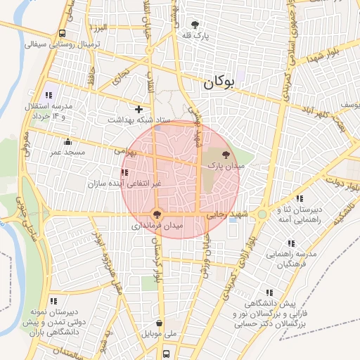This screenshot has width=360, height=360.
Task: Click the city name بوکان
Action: click(x=218, y=83)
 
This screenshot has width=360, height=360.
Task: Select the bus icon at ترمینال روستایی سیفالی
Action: click(x=63, y=33)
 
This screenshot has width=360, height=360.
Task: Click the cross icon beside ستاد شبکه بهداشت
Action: click(x=139, y=109)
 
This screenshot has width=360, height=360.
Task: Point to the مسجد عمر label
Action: click(x=66, y=152)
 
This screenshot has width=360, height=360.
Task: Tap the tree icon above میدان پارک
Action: click(x=226, y=154)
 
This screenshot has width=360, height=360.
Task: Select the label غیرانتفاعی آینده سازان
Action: click(x=124, y=184)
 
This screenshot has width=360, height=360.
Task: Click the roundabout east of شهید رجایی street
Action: click(x=262, y=213)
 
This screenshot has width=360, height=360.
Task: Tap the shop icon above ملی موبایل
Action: click(x=160, y=323)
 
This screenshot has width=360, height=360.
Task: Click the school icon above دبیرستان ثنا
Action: click(x=300, y=199)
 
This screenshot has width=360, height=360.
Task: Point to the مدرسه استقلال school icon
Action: click(x=49, y=95)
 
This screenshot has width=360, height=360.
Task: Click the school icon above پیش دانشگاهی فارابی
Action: click(x=269, y=292)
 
